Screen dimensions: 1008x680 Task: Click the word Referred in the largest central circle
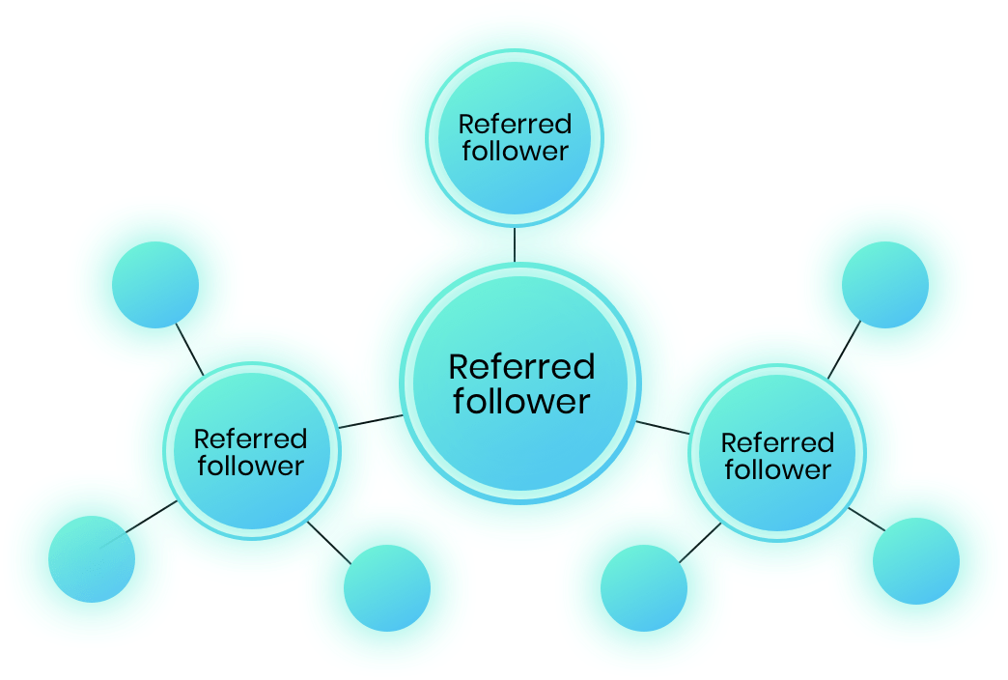click(x=521, y=367)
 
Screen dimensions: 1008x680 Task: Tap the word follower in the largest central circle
click(x=521, y=401)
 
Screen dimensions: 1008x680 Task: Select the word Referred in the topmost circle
click(x=515, y=125)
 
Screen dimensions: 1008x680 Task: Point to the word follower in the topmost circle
click(x=515, y=152)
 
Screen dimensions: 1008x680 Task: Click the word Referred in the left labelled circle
click(x=251, y=439)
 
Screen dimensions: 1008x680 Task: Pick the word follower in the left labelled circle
click(x=251, y=467)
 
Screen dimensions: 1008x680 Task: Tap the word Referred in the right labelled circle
click(x=778, y=442)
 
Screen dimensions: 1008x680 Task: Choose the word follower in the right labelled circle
click(x=778, y=469)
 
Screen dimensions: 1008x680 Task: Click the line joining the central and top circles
click(x=515, y=244)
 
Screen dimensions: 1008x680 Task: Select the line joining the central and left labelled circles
click(x=371, y=421)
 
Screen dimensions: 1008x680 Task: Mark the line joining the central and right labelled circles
click(x=662, y=428)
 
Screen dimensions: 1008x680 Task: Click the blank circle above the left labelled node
click(x=155, y=285)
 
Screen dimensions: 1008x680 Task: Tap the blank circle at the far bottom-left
click(x=92, y=559)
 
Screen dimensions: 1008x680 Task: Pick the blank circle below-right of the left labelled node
click(x=387, y=588)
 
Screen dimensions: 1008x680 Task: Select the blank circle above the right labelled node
click(x=885, y=285)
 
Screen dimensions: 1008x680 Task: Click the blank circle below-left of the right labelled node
click(x=644, y=588)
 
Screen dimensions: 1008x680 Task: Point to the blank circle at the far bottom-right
click(x=916, y=561)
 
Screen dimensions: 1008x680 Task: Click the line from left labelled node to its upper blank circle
click(x=189, y=350)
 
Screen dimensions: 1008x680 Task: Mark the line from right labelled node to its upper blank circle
click(x=844, y=350)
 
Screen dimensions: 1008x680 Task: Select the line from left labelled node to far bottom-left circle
click(x=151, y=517)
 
